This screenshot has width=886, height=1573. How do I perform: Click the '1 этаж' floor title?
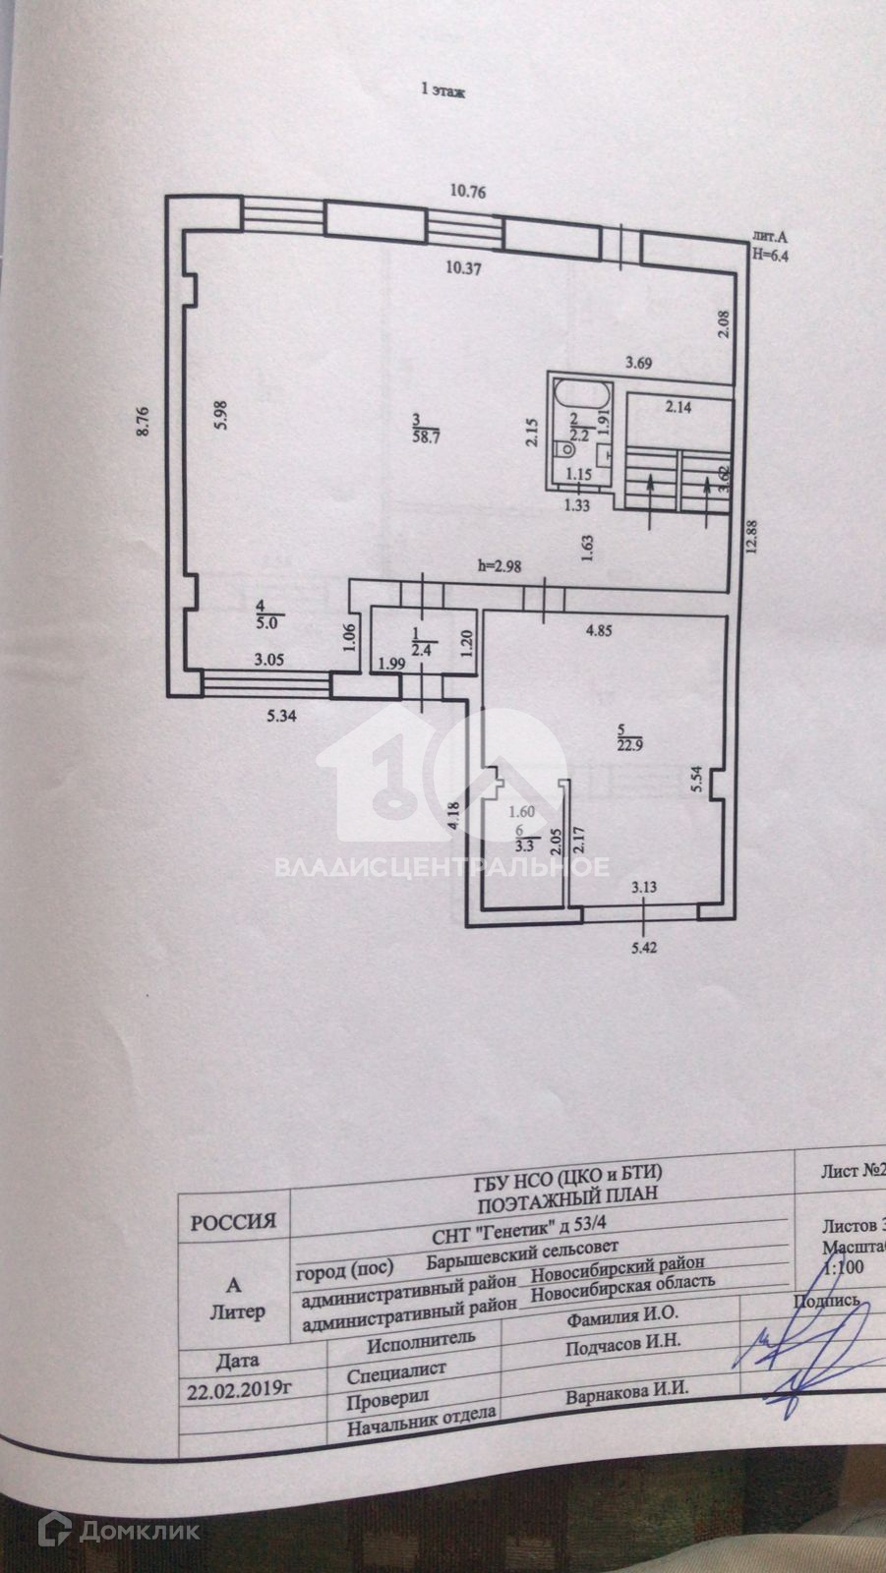click(443, 90)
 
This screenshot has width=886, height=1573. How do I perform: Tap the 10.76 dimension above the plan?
click(469, 192)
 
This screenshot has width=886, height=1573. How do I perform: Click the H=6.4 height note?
click(771, 253)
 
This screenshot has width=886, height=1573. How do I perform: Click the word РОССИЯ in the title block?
click(232, 1222)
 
